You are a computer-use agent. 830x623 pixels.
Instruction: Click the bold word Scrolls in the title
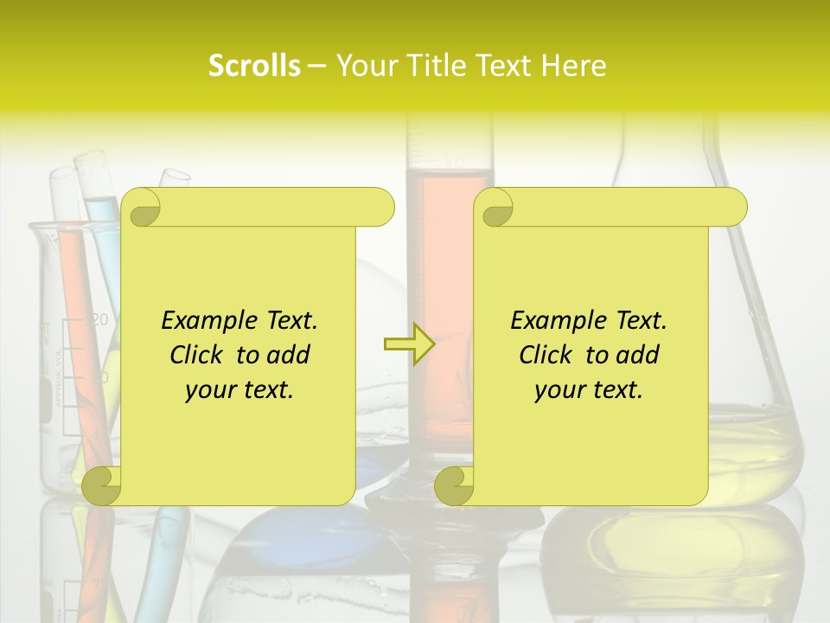click(x=254, y=66)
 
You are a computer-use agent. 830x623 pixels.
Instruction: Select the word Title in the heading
click(x=424, y=66)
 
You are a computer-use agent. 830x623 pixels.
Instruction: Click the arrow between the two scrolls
click(x=409, y=344)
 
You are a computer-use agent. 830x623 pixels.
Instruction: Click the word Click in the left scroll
click(x=200, y=355)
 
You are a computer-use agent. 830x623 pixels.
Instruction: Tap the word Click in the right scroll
click(x=549, y=355)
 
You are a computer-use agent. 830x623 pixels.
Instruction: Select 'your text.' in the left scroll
click(x=239, y=390)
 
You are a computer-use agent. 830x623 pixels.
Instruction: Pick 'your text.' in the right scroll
click(x=589, y=390)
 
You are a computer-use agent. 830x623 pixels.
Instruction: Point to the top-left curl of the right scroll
click(x=495, y=209)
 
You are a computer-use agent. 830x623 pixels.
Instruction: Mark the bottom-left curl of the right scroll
click(x=454, y=486)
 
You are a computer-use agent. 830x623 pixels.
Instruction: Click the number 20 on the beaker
click(x=100, y=320)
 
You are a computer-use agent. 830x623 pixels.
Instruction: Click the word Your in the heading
click(x=363, y=66)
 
